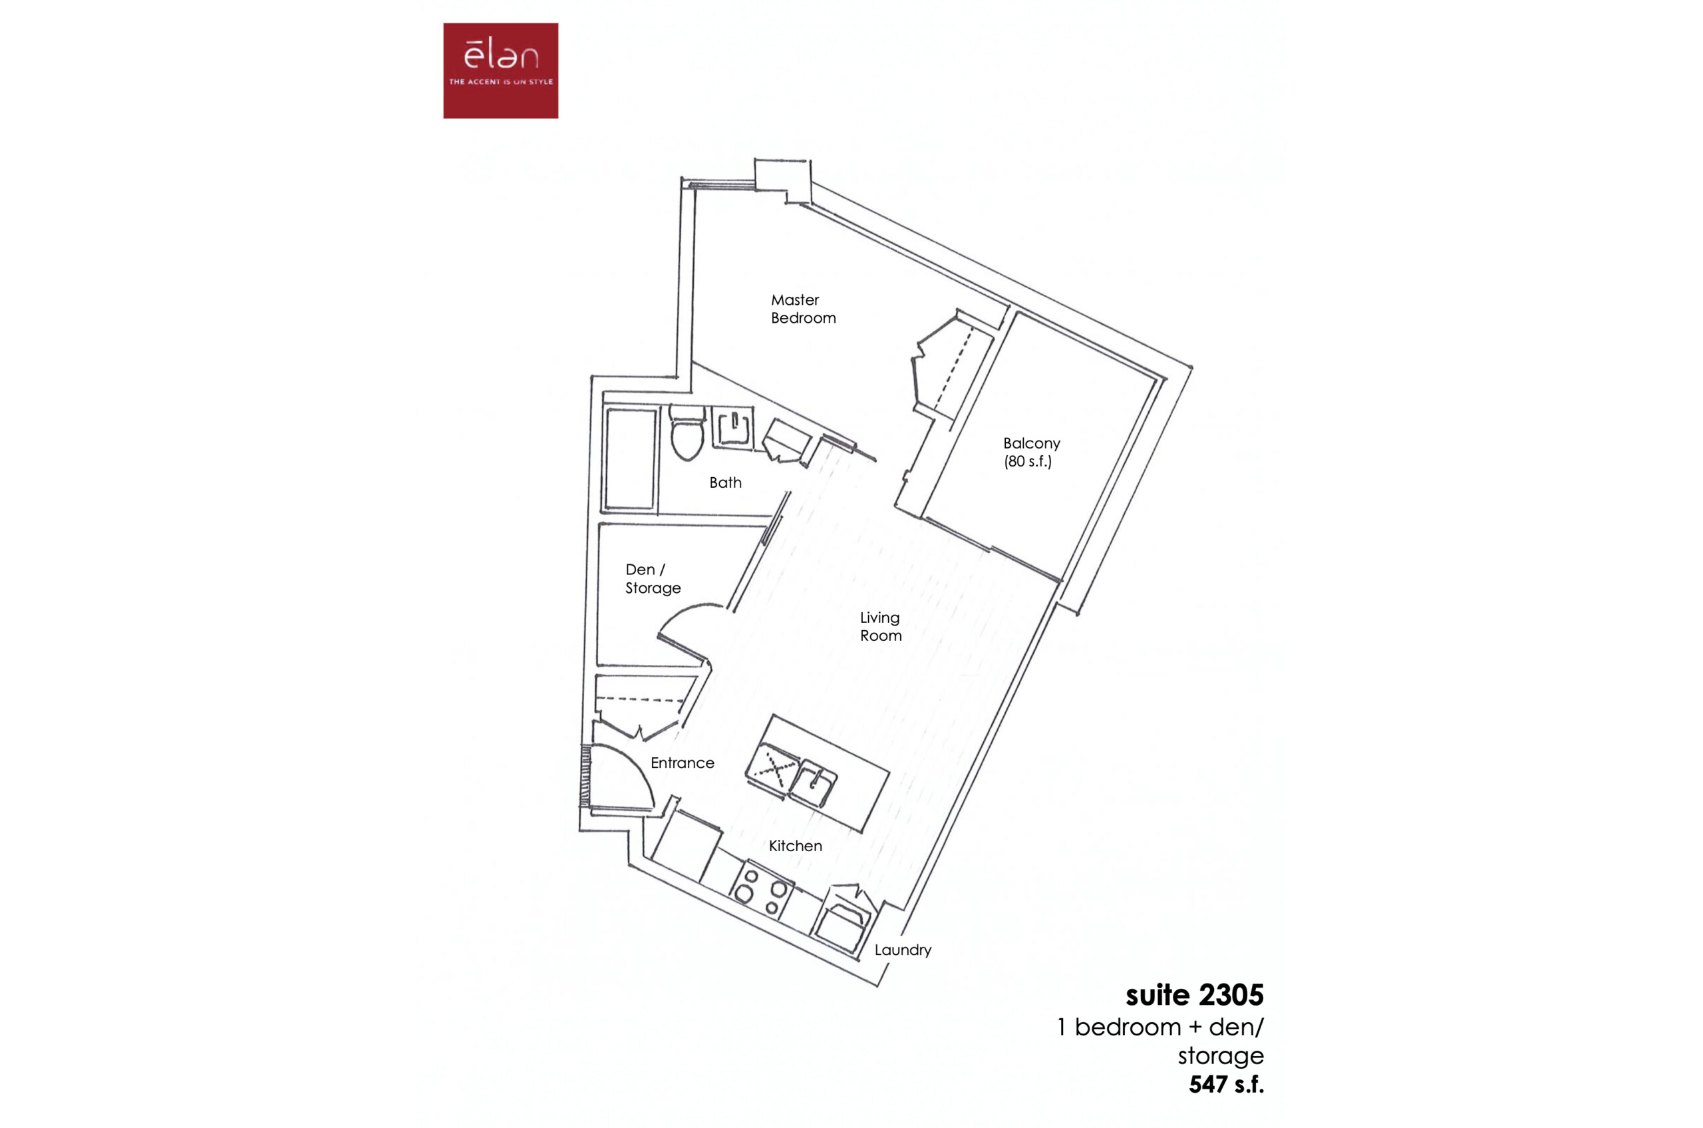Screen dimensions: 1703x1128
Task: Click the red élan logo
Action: (x=500, y=71)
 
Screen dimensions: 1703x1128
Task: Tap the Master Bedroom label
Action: (x=804, y=309)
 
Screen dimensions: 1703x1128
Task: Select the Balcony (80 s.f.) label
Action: (x=1031, y=452)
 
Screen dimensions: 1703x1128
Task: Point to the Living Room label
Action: (x=880, y=626)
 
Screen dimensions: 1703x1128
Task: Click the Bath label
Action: (x=725, y=482)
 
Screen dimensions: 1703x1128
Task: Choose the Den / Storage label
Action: (x=653, y=578)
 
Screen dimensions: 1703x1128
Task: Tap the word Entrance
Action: (x=682, y=763)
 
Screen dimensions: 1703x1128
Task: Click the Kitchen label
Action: (x=795, y=846)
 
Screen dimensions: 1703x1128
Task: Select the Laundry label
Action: (x=903, y=950)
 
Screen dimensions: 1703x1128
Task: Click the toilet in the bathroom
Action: (x=686, y=432)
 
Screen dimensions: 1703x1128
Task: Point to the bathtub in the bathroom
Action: (x=631, y=459)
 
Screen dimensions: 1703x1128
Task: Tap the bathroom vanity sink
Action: (x=733, y=428)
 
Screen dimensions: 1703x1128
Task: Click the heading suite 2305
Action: (x=1194, y=995)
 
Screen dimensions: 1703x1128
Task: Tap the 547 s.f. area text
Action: (x=1226, y=1083)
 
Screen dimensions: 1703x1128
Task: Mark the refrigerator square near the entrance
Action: (x=687, y=846)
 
